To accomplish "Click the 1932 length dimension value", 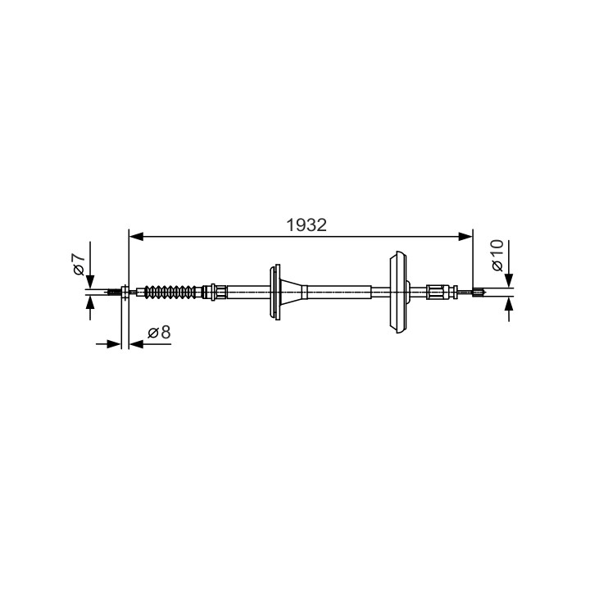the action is [306, 225].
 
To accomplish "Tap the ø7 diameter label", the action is [79, 264].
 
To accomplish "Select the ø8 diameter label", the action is [159, 332].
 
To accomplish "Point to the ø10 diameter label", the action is [497, 255].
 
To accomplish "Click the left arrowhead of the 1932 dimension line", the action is [136, 236].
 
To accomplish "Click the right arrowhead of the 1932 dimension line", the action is [465, 236].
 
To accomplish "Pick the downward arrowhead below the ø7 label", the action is [90, 281].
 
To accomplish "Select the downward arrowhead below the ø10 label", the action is [509, 281].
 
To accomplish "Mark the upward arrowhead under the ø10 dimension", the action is [509, 304].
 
